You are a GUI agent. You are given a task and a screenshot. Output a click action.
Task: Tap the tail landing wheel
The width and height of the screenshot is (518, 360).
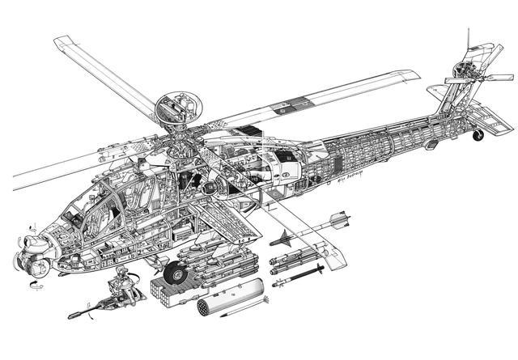pos(479,134)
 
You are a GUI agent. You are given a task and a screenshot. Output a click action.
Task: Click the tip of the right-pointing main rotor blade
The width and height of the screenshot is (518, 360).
pos(416,76)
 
